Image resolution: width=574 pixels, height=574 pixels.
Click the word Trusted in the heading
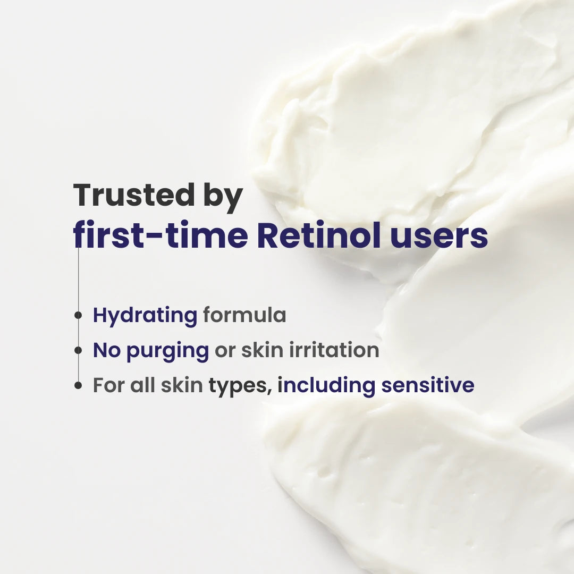[134, 195]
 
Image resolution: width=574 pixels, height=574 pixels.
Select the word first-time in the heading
[161, 234]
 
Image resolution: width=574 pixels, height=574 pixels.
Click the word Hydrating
[145, 316]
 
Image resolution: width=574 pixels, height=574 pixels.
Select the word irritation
[334, 350]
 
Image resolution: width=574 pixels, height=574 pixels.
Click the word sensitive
[427, 385]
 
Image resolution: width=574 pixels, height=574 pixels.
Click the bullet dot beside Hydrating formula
[78, 315]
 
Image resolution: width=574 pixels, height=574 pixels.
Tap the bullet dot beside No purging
[78, 350]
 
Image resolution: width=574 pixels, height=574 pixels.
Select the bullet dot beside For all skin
[78, 385]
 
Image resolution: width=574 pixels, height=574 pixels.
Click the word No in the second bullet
[107, 350]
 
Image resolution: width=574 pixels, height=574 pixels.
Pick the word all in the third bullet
[142, 385]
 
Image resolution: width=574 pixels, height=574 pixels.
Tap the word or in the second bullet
[225, 351]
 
